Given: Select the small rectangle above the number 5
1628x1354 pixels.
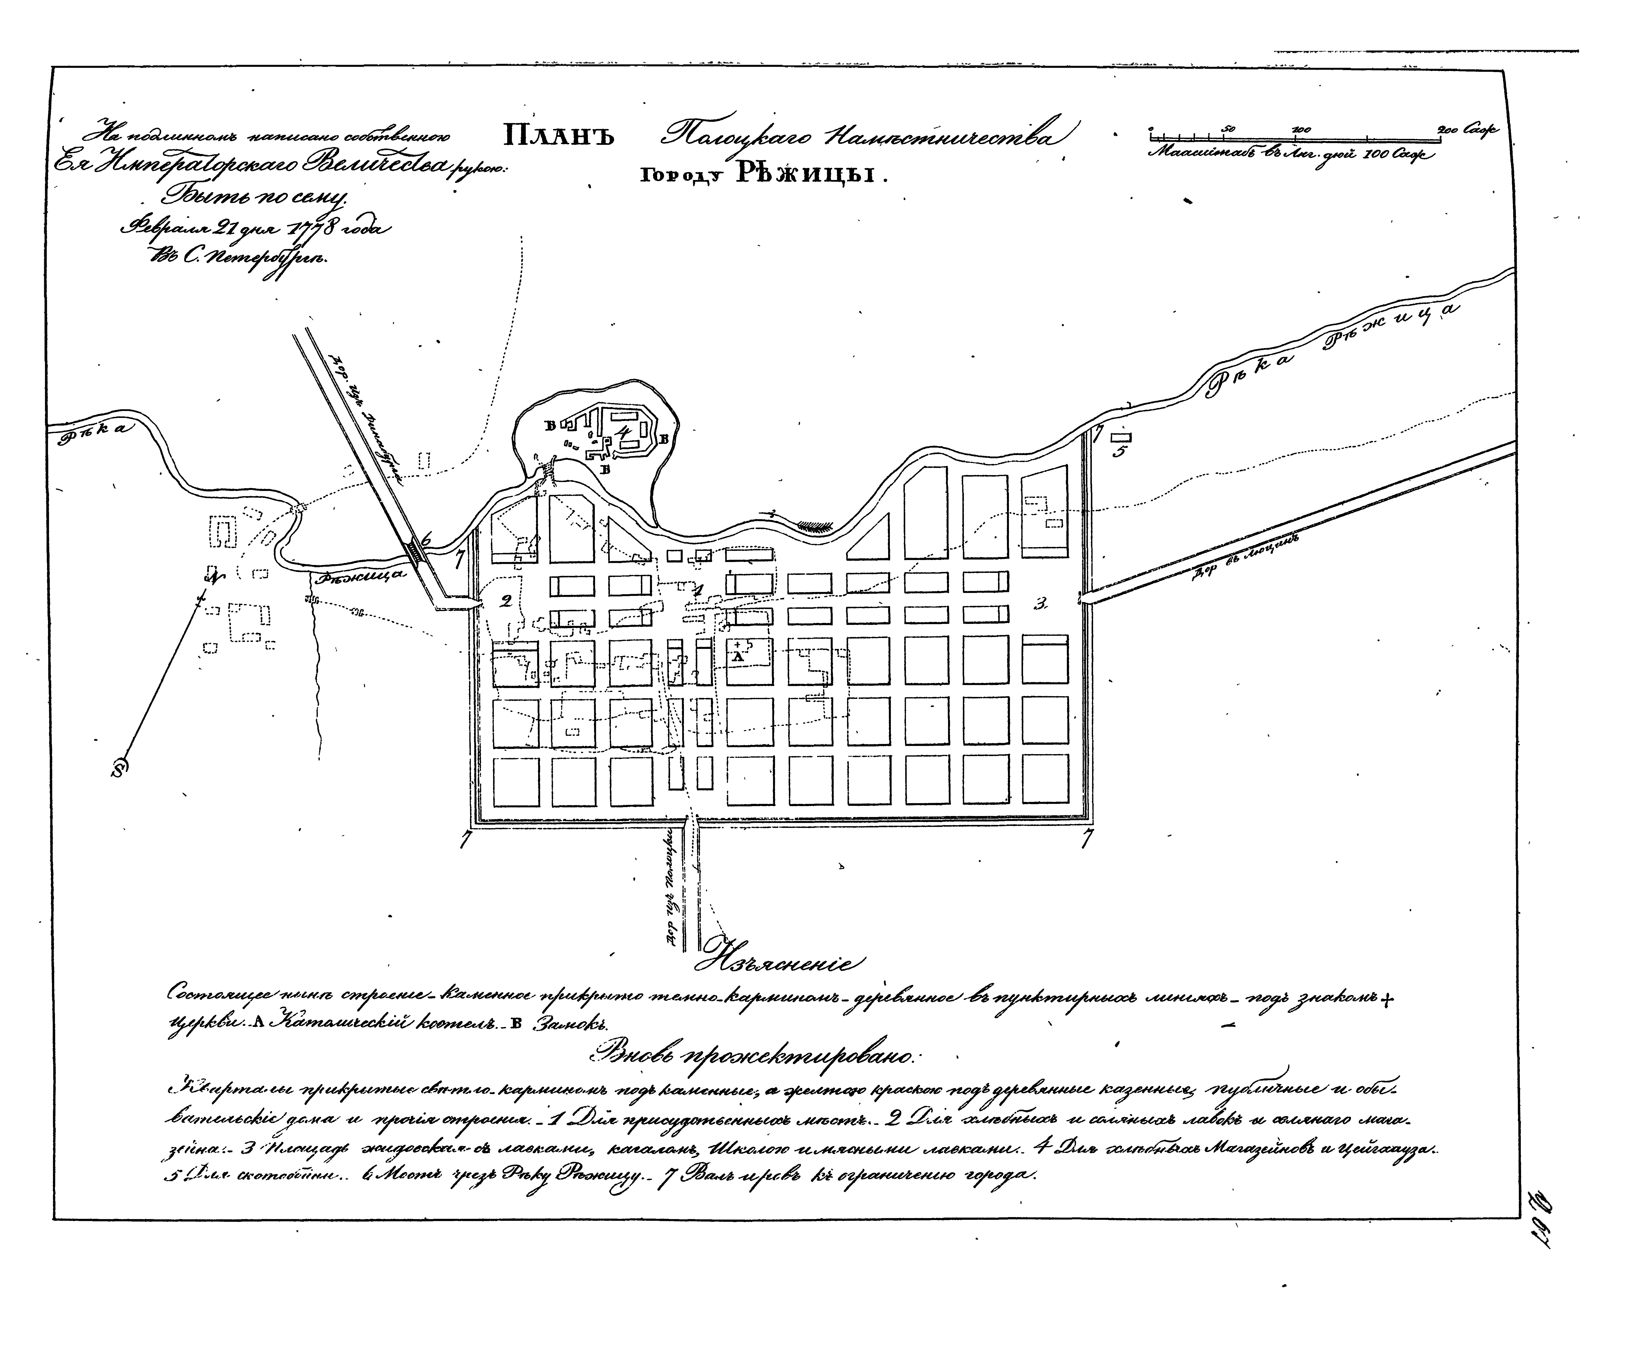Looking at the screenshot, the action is [1120, 436].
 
